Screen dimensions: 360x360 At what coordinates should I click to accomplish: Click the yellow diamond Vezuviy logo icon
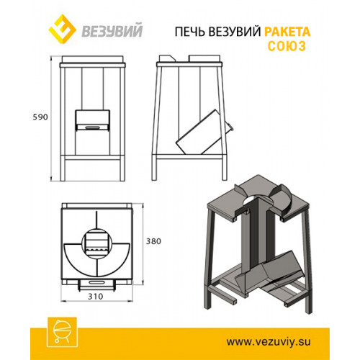[x=62, y=29]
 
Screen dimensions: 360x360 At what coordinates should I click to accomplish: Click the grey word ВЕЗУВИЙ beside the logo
[x=112, y=30]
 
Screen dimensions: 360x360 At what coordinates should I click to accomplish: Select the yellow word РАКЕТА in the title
[x=287, y=32]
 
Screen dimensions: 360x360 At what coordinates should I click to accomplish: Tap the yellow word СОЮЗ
[x=287, y=46]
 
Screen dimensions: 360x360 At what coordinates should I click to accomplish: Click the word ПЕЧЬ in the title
[x=190, y=32]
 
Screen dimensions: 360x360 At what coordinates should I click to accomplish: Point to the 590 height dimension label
[x=40, y=117]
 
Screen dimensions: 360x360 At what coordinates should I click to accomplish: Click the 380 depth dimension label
[x=153, y=241]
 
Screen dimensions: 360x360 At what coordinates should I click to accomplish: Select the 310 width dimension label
[x=96, y=297]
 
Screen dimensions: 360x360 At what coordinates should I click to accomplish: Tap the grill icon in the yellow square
[x=62, y=332]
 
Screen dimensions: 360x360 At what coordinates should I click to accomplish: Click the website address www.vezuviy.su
[x=269, y=341]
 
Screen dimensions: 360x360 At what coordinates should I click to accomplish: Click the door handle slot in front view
[x=93, y=127]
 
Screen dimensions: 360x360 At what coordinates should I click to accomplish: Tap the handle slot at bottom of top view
[x=97, y=282]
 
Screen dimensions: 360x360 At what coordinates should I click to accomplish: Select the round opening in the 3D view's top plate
[x=256, y=201]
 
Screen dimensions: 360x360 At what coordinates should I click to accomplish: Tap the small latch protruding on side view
[x=230, y=127]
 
